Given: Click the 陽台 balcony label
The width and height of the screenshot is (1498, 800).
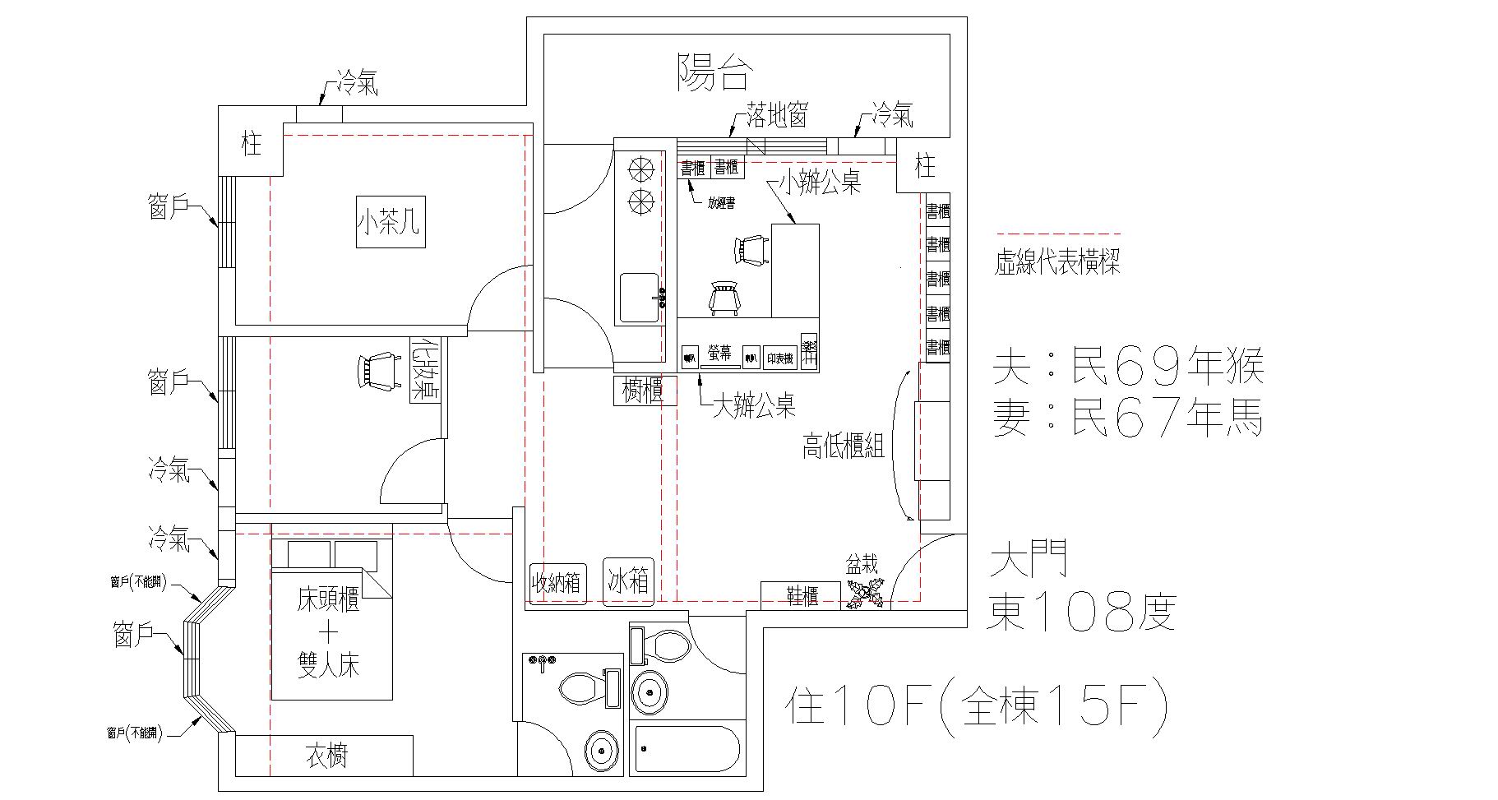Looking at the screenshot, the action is [x=713, y=73].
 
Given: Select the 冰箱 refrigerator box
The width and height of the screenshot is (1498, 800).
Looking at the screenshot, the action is [x=628, y=582].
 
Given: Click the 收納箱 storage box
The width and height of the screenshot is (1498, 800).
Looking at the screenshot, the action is [x=557, y=583].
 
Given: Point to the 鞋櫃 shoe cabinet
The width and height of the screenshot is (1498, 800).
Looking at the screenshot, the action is [x=801, y=595].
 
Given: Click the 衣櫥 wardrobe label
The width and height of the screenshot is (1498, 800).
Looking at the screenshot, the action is [x=326, y=756].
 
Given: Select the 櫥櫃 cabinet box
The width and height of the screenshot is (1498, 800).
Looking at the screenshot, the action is [x=645, y=391].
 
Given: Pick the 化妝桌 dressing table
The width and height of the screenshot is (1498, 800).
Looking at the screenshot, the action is [x=425, y=370].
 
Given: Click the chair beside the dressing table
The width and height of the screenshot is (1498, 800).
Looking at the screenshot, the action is [x=377, y=371].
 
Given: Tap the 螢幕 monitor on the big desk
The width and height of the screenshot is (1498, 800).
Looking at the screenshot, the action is [x=720, y=355].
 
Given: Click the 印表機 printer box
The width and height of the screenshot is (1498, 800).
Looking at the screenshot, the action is [x=779, y=358].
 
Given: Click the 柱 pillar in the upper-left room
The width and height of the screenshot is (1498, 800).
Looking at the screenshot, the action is [x=251, y=145].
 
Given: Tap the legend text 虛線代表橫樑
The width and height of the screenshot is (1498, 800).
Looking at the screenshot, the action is [x=1056, y=263].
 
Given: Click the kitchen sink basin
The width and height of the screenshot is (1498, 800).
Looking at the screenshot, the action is [x=639, y=298].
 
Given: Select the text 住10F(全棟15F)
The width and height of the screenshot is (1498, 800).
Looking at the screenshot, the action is [x=976, y=706].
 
